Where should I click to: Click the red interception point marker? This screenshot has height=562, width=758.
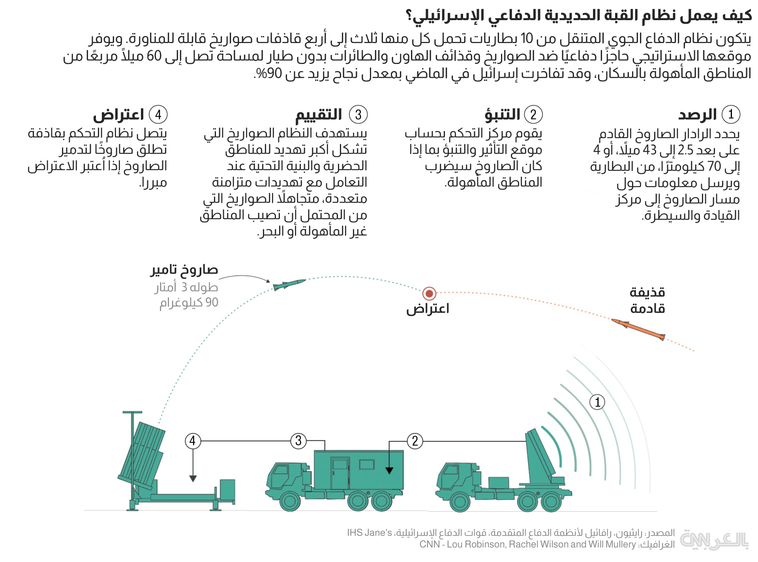(429, 293)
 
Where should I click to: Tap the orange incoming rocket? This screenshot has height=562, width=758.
(638, 329)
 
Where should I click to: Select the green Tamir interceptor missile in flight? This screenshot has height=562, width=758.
(289, 284)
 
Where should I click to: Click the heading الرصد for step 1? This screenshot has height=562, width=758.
(697, 115)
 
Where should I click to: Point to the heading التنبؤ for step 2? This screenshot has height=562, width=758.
(502, 115)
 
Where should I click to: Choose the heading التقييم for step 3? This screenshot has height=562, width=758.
(319, 115)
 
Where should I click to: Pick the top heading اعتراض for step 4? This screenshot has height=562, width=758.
(118, 115)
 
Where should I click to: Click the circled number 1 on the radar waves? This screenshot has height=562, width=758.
(597, 402)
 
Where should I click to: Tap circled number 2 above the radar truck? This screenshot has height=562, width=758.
(415, 441)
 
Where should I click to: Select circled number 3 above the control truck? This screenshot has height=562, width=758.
(298, 441)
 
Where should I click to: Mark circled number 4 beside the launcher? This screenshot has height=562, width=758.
(193, 441)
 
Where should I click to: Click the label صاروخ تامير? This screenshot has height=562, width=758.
(184, 270)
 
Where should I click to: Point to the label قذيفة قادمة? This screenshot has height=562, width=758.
(647, 301)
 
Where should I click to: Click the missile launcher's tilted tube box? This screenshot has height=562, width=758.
(141, 454)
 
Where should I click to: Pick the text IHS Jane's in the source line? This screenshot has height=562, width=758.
(370, 533)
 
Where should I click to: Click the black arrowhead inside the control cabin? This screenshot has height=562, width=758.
(389, 470)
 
